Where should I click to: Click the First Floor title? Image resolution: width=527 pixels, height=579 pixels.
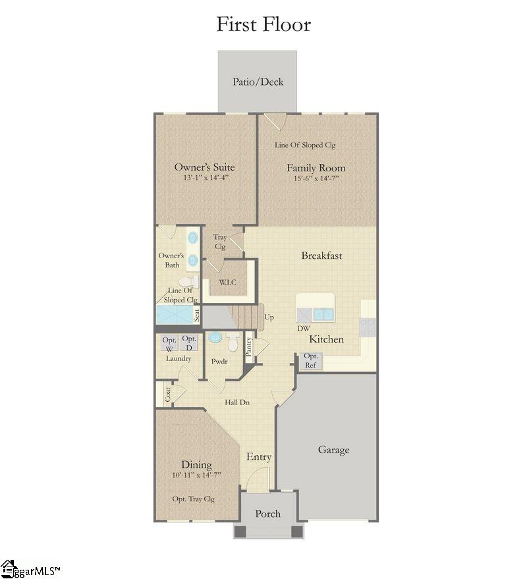click(263, 24)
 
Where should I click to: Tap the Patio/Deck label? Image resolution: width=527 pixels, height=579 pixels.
click(258, 82)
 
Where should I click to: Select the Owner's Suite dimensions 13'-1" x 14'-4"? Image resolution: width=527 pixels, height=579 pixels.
click(204, 178)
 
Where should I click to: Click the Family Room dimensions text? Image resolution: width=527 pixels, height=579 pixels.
click(316, 179)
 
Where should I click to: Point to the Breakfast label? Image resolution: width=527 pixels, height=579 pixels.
click(321, 256)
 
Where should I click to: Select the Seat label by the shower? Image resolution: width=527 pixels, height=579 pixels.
click(196, 315)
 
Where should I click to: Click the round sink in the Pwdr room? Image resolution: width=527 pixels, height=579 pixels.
click(215, 338)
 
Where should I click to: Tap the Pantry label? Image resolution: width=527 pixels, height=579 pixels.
click(248, 346)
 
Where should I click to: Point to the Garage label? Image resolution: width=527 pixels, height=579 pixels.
click(333, 450)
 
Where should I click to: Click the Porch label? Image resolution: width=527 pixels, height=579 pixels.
click(267, 514)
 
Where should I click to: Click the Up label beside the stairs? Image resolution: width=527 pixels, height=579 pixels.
click(269, 317)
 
